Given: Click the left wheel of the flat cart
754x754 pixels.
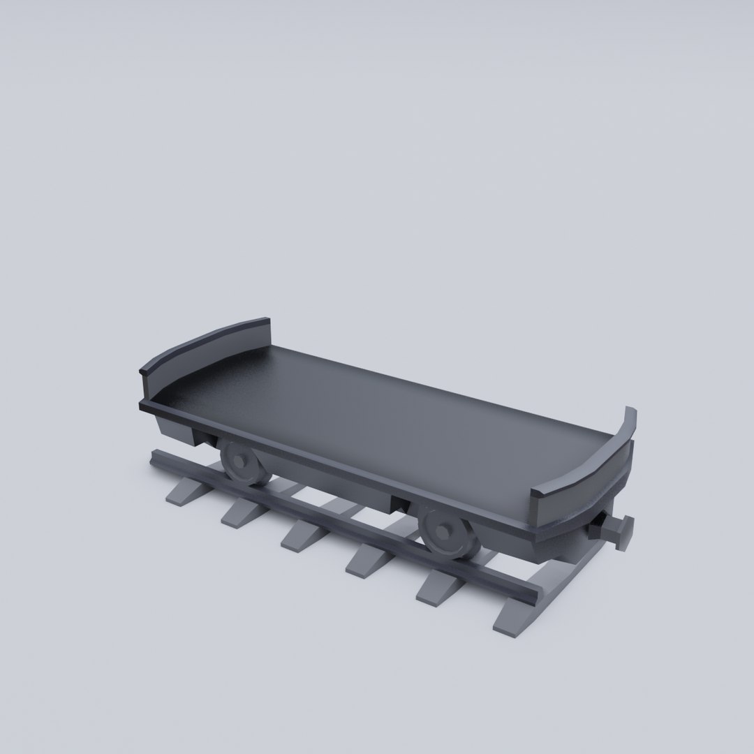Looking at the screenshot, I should [x=244, y=464].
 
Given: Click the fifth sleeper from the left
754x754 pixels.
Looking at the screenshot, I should [x=440, y=586].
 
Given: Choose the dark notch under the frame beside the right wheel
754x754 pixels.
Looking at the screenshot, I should [x=401, y=504].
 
